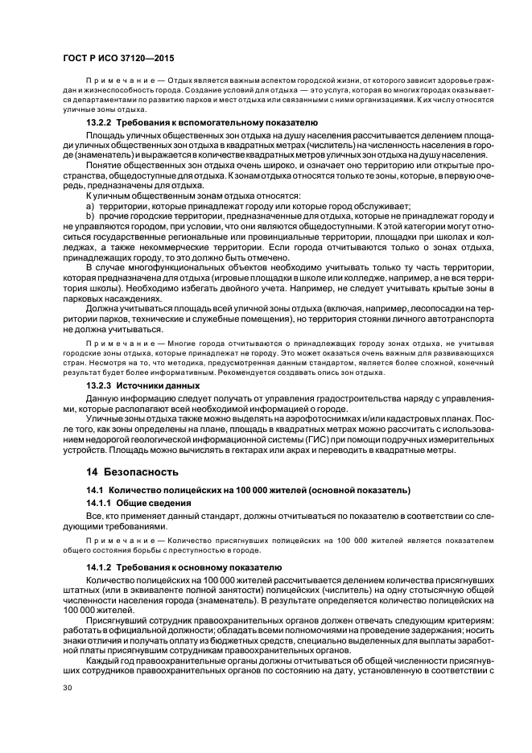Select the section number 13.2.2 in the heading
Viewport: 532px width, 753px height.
point(100,121)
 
